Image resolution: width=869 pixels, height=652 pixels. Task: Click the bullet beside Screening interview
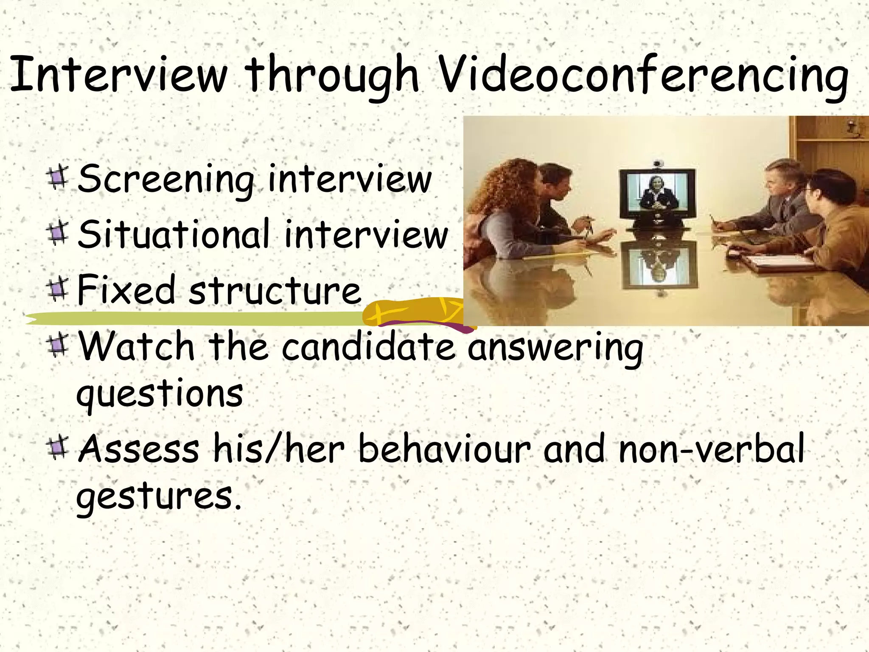(x=58, y=178)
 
